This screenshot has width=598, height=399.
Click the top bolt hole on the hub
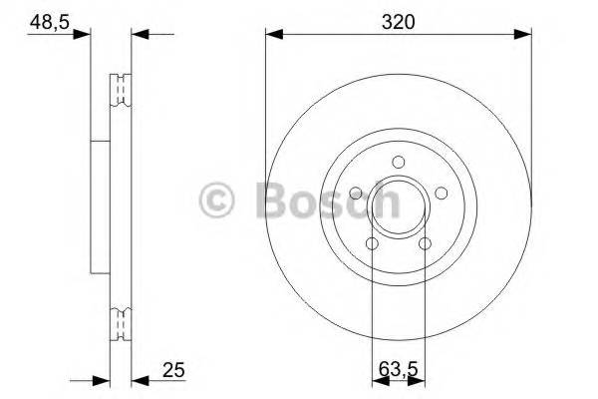click(x=398, y=164)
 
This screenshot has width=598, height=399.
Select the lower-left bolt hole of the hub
click(x=372, y=243)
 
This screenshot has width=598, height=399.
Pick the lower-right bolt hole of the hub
click(x=425, y=243)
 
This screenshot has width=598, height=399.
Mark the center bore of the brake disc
click(x=398, y=205)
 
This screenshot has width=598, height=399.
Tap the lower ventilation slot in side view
click(x=120, y=324)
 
